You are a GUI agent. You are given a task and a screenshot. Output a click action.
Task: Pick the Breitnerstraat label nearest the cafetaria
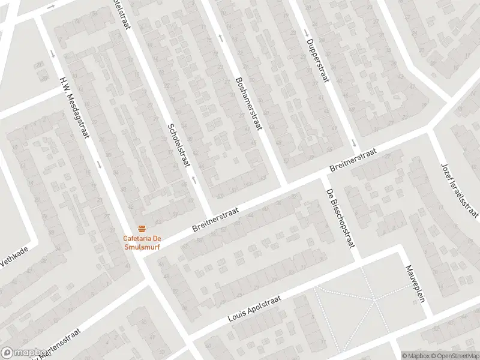215,220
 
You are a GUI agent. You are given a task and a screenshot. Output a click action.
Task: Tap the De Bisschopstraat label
340,218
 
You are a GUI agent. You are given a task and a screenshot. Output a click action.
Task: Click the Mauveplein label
415,284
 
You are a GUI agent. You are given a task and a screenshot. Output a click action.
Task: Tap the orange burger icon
142,228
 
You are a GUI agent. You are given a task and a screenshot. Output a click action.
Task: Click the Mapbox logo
25,353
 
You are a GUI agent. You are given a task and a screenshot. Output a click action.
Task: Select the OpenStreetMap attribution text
453,355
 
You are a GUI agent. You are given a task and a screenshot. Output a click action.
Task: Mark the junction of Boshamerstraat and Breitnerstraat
284,184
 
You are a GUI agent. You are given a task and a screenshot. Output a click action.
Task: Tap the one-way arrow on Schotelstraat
193,179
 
